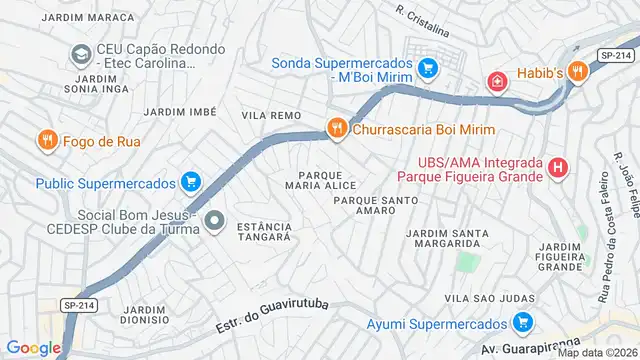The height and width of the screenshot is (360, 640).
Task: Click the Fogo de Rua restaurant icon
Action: tap(46, 141)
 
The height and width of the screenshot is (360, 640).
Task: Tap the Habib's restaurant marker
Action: tap(577, 71)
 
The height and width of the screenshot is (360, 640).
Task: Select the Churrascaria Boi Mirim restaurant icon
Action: tap(337, 129)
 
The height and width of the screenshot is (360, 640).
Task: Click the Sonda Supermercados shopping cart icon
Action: tap(428, 69)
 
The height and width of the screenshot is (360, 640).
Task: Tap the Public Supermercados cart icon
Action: tap(190, 183)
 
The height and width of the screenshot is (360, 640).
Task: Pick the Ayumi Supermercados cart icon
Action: tap(520, 323)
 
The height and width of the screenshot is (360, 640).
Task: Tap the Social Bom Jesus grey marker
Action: tap(213, 220)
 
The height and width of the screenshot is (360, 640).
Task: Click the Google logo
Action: tap(33, 347)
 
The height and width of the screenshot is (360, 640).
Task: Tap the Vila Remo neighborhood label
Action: tap(271, 116)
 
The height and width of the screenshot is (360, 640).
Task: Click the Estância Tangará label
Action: tap(264, 232)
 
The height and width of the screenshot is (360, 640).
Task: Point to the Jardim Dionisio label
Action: tap(144, 316)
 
